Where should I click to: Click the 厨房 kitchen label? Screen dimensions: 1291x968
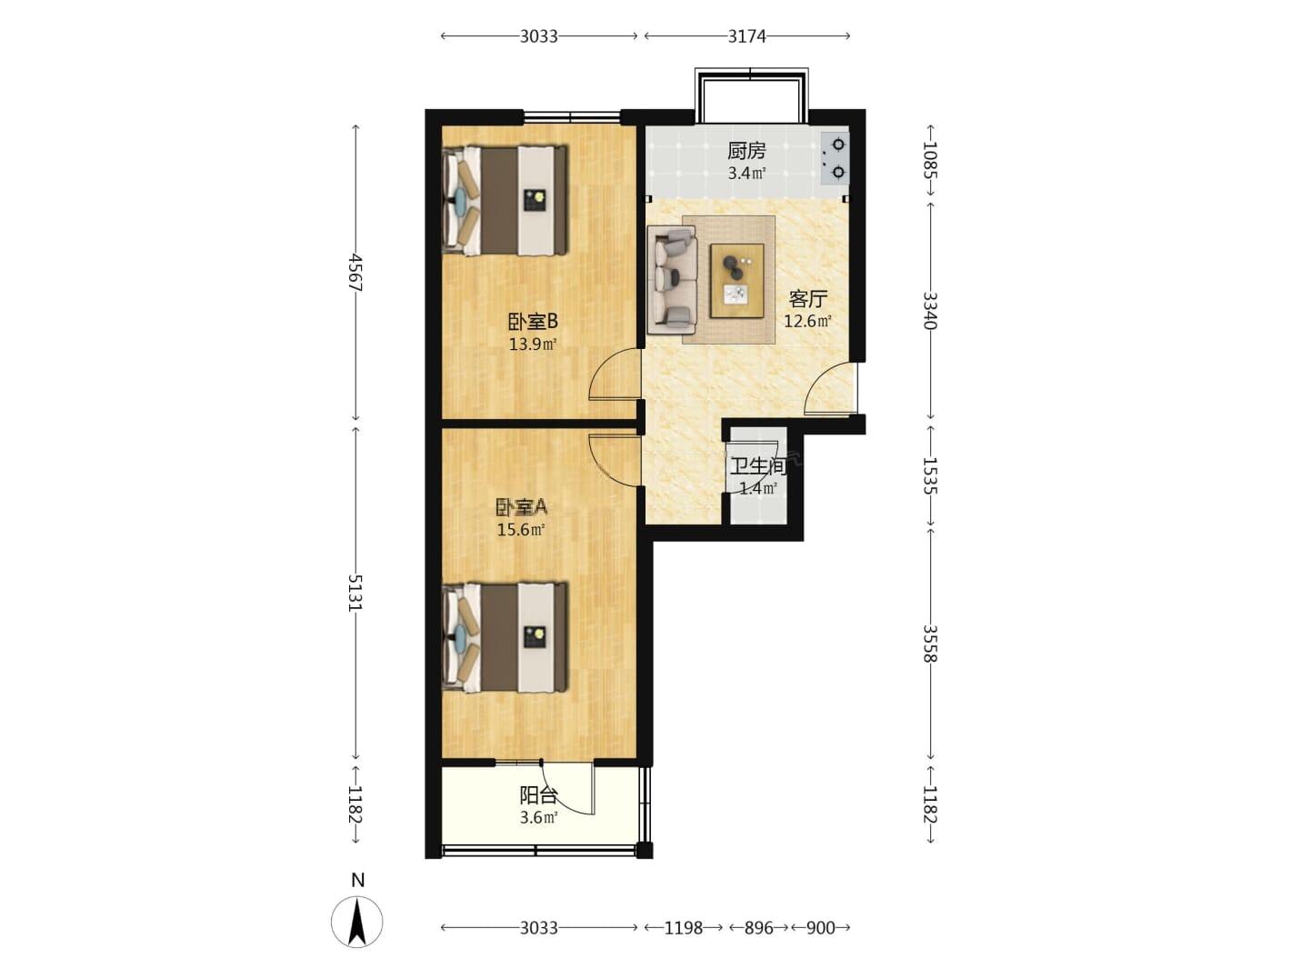(746, 151)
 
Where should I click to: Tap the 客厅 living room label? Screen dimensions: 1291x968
(807, 299)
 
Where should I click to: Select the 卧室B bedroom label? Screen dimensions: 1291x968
(533, 322)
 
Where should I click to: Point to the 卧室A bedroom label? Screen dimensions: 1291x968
(522, 506)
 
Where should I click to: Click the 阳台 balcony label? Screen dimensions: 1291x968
(538, 796)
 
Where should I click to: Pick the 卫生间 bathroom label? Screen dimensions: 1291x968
(759, 466)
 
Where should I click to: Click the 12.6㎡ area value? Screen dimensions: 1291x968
(807, 322)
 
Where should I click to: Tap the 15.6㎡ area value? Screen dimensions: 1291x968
(521, 530)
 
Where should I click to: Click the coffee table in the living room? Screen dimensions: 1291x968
(737, 281)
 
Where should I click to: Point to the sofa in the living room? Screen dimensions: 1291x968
(672, 280)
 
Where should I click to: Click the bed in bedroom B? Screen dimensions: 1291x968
(505, 201)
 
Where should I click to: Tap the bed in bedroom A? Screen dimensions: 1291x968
(505, 637)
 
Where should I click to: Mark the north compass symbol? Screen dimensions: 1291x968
(357, 921)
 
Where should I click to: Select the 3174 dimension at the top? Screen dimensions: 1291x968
(747, 36)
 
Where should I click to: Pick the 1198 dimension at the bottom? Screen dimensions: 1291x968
(684, 927)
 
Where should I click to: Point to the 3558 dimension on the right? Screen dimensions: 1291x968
(929, 644)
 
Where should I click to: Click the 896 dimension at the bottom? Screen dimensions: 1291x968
(759, 927)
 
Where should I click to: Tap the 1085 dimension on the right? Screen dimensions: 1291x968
(930, 160)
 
